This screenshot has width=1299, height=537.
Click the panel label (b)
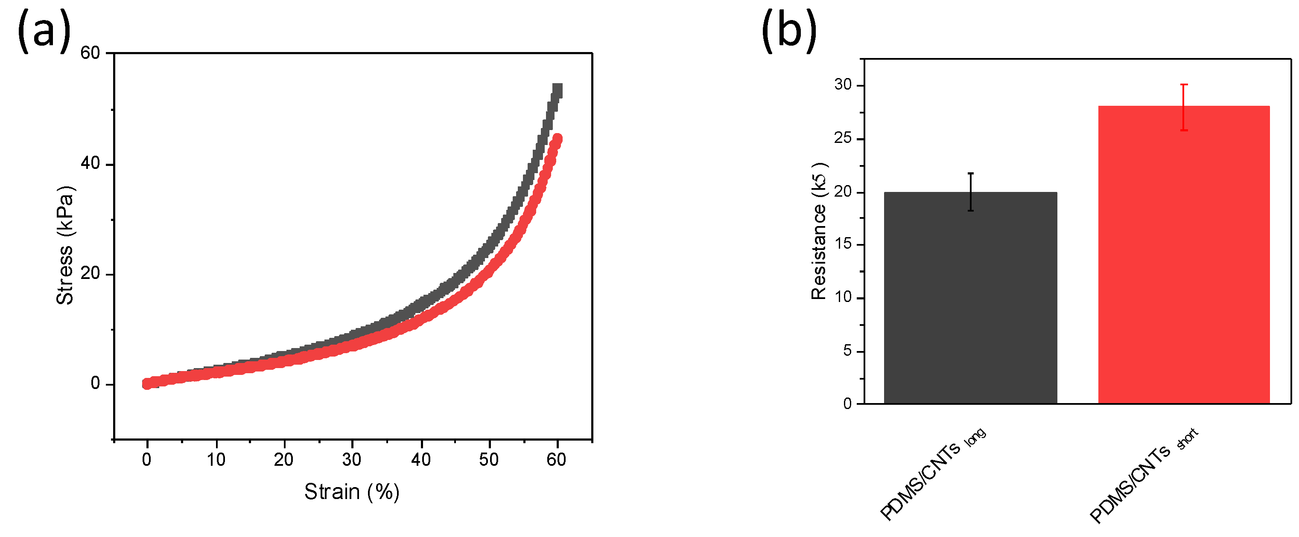click(789, 31)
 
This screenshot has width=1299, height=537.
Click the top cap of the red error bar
click(1183, 84)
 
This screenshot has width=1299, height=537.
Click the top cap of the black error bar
click(970, 173)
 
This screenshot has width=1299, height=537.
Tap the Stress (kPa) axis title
click(64, 245)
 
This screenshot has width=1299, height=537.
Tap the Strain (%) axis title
click(351, 492)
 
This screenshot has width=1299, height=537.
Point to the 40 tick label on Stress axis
click(90, 163)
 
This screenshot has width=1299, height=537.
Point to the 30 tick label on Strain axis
click(351, 459)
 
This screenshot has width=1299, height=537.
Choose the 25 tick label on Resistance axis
click(843, 138)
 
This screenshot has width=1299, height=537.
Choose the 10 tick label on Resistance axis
click(843, 297)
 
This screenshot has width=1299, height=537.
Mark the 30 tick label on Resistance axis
click(843, 84)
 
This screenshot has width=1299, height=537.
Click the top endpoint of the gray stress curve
click(557, 90)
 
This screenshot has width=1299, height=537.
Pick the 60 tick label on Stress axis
click(90, 53)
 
